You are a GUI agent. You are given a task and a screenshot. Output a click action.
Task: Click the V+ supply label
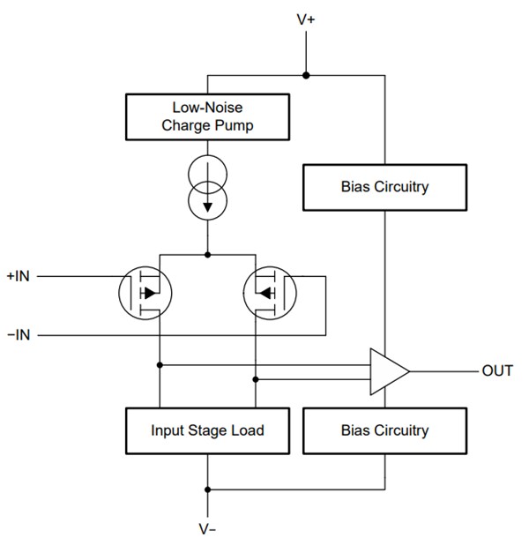[x=307, y=18]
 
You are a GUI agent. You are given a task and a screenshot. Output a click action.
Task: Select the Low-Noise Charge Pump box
[x=207, y=116]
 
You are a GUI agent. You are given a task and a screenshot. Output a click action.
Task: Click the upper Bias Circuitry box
[x=384, y=187]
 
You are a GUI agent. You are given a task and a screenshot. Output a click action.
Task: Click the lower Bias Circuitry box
[x=384, y=430]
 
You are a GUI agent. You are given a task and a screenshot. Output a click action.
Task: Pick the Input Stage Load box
[x=207, y=430]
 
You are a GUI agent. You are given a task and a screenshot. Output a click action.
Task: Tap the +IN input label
[x=18, y=275]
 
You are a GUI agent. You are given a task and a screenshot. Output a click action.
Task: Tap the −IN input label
[x=18, y=335]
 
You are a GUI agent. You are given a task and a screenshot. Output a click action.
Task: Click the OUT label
[x=496, y=370]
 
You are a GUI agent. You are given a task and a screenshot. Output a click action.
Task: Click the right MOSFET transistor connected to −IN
[x=269, y=291]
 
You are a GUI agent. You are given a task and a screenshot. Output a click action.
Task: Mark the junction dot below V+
[x=307, y=76]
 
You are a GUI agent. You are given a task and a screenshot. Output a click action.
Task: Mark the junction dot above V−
[x=208, y=488]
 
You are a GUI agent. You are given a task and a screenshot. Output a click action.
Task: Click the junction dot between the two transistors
[x=208, y=255]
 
